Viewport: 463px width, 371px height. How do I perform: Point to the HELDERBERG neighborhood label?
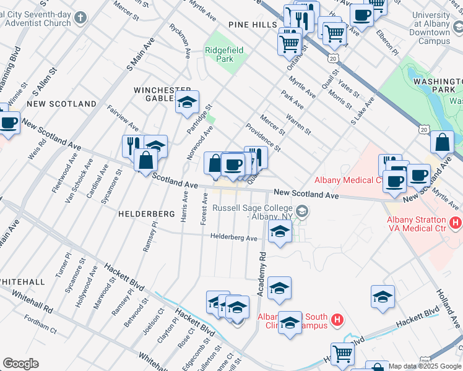coord(146,213)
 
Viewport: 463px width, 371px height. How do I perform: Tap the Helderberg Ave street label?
coord(233,237)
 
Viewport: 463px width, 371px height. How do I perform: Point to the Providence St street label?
coord(263,137)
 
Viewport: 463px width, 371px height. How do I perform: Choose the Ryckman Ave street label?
coord(179,41)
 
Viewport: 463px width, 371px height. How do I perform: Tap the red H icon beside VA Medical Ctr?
coord(456,221)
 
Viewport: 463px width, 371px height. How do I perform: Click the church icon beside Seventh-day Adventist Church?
coord(80,18)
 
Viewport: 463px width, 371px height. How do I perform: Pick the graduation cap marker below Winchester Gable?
coord(186,103)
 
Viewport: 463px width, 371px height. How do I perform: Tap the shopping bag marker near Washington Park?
coord(442,143)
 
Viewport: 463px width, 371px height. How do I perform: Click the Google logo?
coord(20,364)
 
